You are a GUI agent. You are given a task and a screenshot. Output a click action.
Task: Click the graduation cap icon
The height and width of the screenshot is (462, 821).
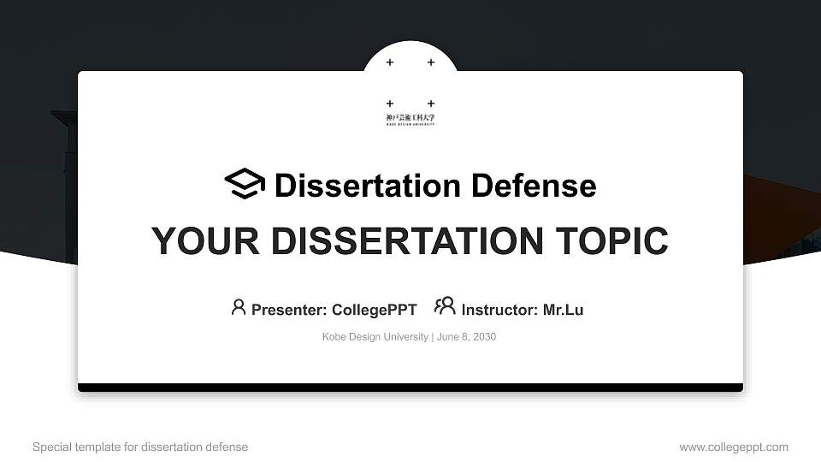pos(245,184)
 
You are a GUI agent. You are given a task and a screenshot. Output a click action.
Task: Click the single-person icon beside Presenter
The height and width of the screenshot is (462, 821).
pos(239,306)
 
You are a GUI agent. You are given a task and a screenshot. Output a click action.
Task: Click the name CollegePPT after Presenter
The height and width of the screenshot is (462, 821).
pos(374,310)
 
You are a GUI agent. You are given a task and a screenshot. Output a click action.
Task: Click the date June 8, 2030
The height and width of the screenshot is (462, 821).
pos(466,337)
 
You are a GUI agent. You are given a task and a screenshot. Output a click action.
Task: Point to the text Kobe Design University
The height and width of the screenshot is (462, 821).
pos(375,337)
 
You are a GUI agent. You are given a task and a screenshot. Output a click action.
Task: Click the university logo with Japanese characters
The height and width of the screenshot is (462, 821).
pos(410,120)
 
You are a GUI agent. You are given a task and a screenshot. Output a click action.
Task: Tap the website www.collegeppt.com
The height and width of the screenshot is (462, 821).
pos(734,447)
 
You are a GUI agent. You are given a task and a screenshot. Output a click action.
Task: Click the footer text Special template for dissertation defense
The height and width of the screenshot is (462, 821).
pos(140,447)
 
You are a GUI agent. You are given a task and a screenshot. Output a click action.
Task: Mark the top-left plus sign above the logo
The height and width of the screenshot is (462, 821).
pos(390,62)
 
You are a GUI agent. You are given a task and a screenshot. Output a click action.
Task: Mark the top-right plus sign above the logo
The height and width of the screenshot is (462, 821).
pos(431,62)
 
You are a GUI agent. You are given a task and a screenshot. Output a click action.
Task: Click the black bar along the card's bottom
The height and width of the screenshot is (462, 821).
pos(410,388)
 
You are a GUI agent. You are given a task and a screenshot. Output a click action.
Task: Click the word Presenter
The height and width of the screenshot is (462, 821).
pos(285,310)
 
